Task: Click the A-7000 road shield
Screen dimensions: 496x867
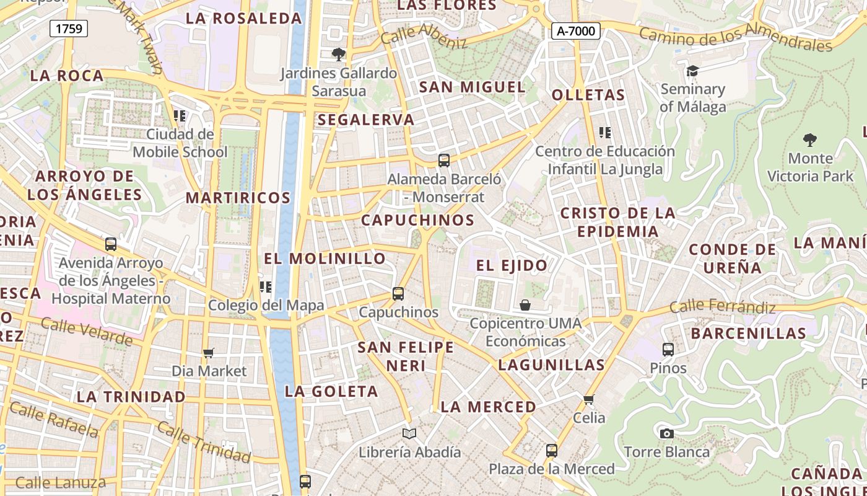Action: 576,30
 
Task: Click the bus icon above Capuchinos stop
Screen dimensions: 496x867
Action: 398,293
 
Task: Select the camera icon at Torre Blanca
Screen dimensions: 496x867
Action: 666,433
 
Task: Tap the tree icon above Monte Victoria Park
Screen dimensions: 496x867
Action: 809,139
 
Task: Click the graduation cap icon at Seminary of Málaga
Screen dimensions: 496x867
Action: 692,71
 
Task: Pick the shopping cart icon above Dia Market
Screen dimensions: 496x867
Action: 209,353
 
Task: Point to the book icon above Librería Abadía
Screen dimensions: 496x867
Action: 409,433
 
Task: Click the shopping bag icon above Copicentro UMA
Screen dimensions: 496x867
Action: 525,304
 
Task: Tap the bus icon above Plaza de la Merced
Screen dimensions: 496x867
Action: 552,451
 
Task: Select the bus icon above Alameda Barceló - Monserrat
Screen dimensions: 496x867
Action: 444,160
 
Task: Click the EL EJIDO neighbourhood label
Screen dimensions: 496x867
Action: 512,265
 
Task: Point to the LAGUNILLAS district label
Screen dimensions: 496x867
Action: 551,365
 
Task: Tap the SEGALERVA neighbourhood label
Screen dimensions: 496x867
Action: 366,120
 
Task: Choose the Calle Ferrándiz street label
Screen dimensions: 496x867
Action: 722,307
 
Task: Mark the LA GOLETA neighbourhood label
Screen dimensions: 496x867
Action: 331,391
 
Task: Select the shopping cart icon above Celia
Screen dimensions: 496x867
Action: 589,399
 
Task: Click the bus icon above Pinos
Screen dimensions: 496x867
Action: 668,349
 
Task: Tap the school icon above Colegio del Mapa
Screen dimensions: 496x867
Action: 266,286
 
